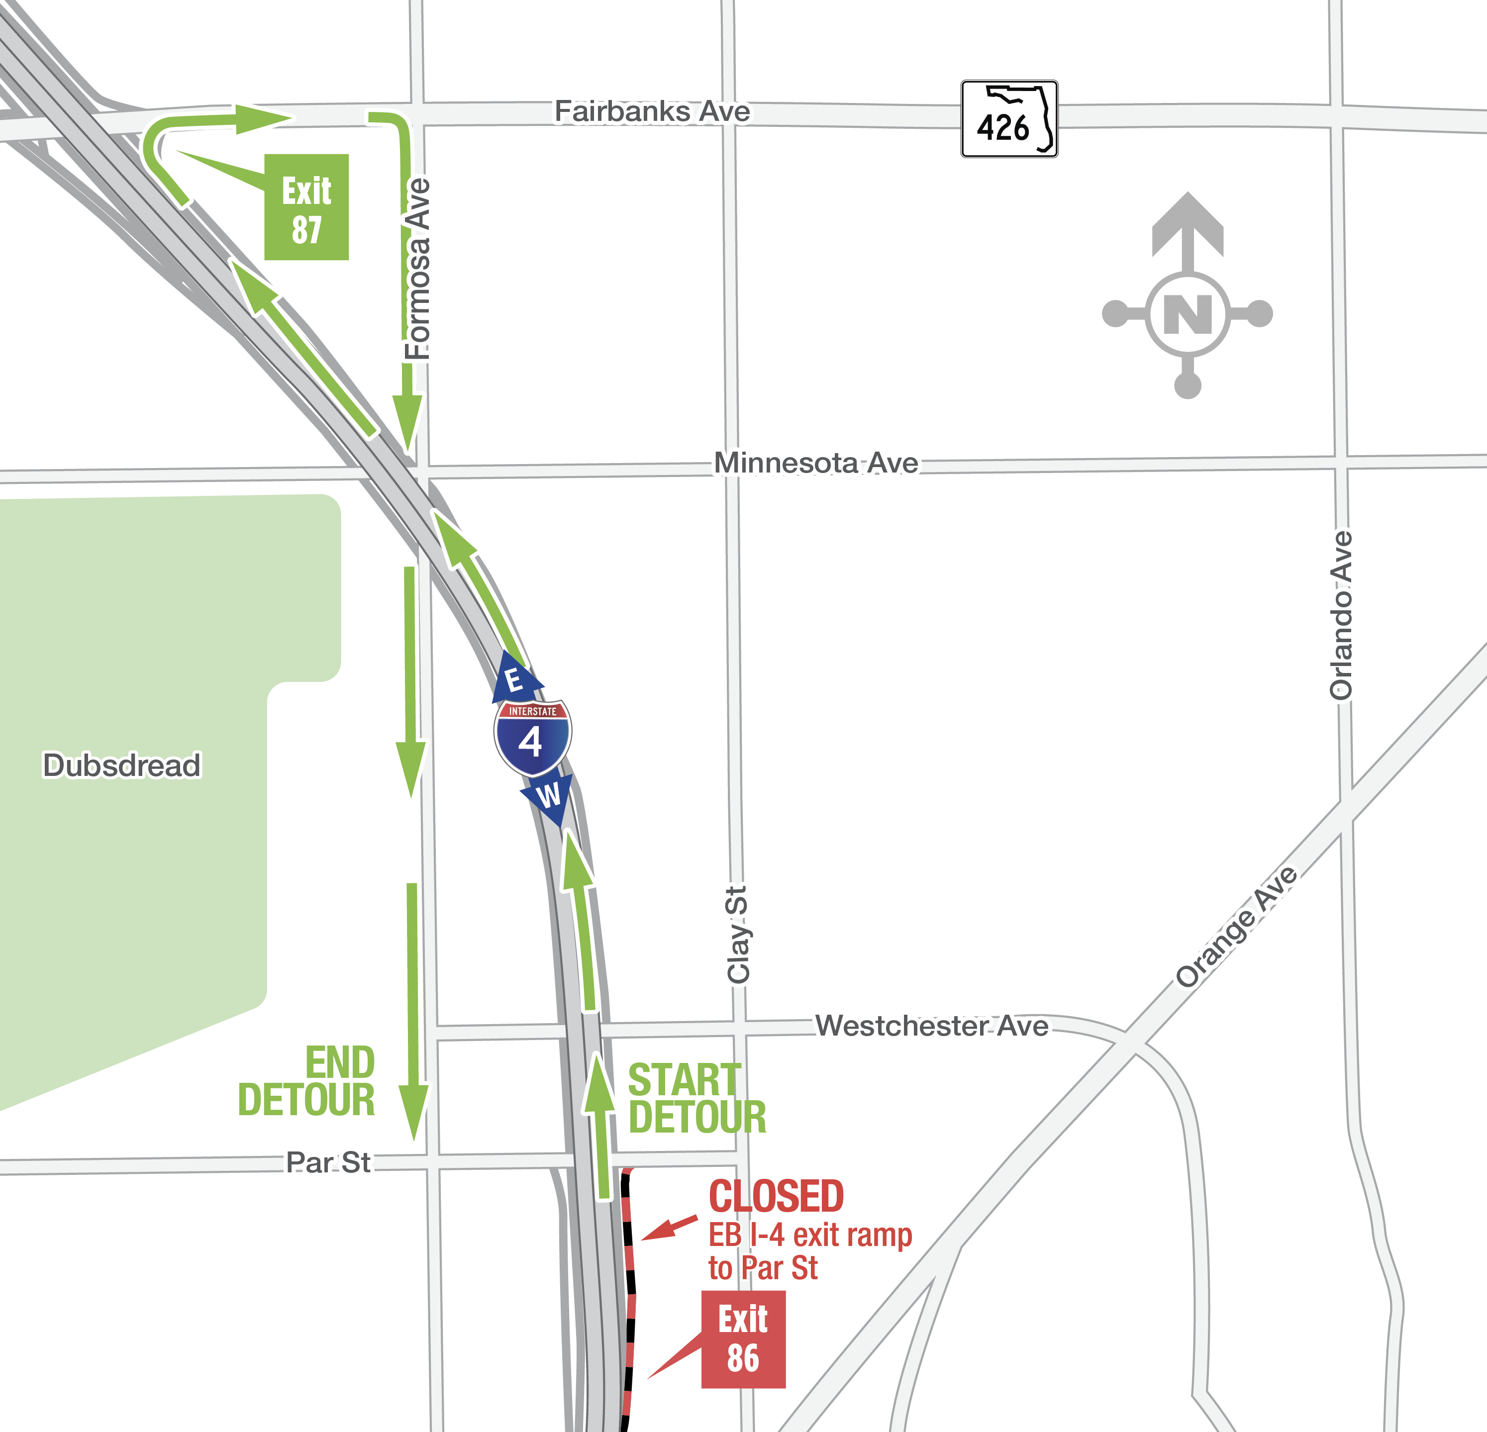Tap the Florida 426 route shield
pyautogui.click(x=1009, y=119)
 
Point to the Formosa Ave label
pyautogui.click(x=417, y=269)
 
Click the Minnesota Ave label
pyautogui.click(x=816, y=463)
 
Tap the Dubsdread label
pyautogui.click(x=121, y=765)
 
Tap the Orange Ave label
pyautogui.click(x=1237, y=927)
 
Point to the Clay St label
pyautogui.click(x=737, y=935)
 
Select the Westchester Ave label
pyautogui.click(x=932, y=1026)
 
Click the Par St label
pyautogui.click(x=328, y=1162)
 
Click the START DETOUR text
pyautogui.click(x=696, y=1098)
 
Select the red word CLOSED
pyautogui.click(x=776, y=1197)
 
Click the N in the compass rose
pyautogui.click(x=1188, y=314)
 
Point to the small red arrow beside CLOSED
pyautogui.click(x=669, y=1228)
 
